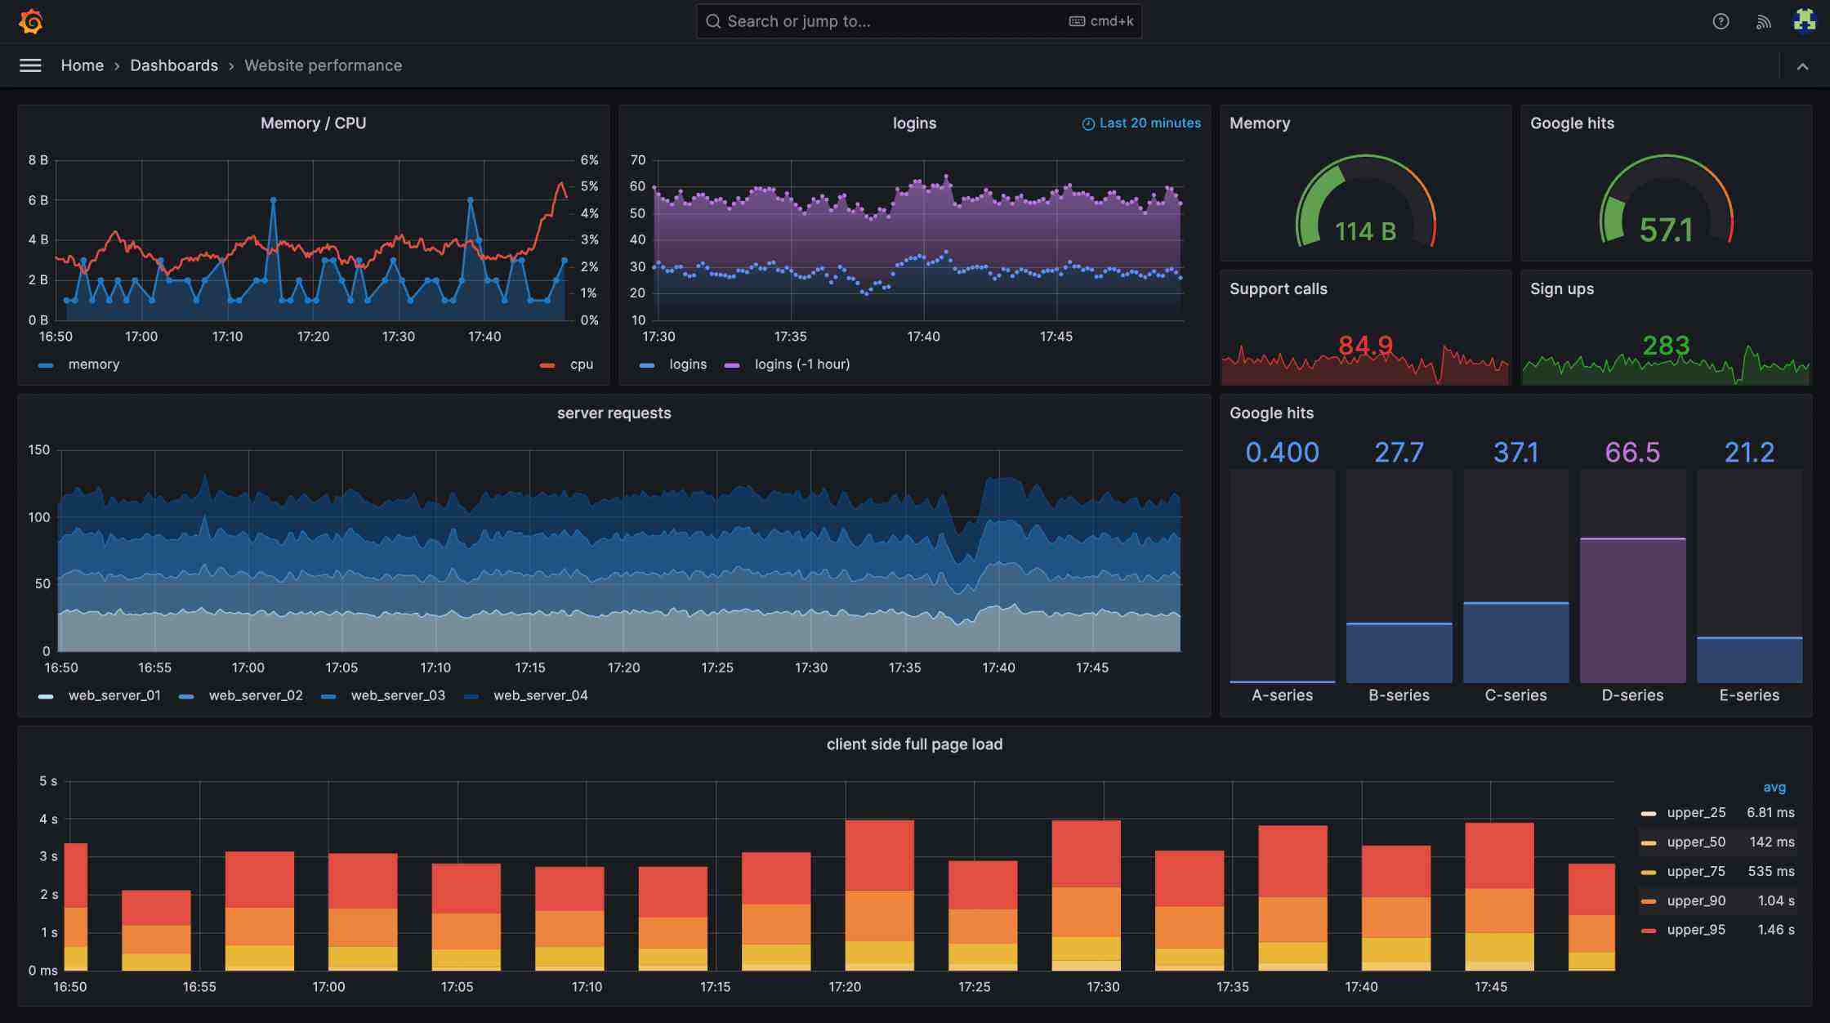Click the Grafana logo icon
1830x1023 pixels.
(31, 21)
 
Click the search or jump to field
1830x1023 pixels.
(882, 21)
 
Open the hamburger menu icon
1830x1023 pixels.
(30, 65)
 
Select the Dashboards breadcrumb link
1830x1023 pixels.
(174, 65)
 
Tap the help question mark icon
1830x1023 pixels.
(1721, 21)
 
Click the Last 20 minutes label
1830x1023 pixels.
(1149, 123)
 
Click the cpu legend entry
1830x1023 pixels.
(581, 364)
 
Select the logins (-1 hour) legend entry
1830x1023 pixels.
(801, 364)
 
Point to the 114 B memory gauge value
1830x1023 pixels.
(1365, 232)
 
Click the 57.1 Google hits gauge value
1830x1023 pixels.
(1666, 230)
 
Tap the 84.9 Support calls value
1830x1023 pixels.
(1365, 346)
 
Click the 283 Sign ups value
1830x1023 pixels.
(1666, 346)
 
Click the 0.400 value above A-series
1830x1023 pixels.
(1282, 453)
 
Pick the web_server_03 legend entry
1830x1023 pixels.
(398, 695)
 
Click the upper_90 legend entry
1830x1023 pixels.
(1696, 900)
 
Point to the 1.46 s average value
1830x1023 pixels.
(1775, 930)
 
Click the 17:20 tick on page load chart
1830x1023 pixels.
(845, 987)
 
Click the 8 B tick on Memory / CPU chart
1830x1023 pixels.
(38, 160)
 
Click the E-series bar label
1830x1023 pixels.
(1749, 695)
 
